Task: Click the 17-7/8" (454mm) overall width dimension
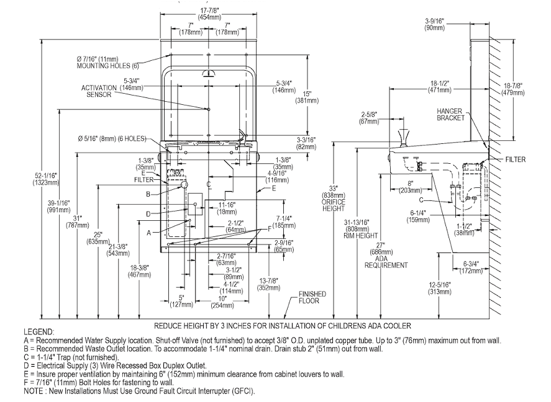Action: tap(210, 14)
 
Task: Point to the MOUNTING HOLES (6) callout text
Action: tap(108, 66)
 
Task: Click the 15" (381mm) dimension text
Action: tap(307, 97)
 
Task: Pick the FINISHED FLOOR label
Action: tap(312, 297)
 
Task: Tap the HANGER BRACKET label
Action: tap(450, 115)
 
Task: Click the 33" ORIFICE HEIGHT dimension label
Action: tap(334, 199)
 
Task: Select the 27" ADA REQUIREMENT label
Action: tap(386, 255)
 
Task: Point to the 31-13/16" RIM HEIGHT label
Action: tap(361, 229)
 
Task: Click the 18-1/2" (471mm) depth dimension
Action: tap(440, 87)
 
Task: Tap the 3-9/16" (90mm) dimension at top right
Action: tap(435, 25)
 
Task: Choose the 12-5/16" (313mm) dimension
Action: tap(440, 288)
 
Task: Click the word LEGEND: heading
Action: tap(39, 332)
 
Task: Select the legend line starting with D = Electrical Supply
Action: tap(116, 366)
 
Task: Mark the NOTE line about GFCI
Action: tap(139, 391)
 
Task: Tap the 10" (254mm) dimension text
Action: tap(222, 302)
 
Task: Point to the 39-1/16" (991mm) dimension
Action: tap(58, 206)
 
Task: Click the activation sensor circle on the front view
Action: tap(208, 109)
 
